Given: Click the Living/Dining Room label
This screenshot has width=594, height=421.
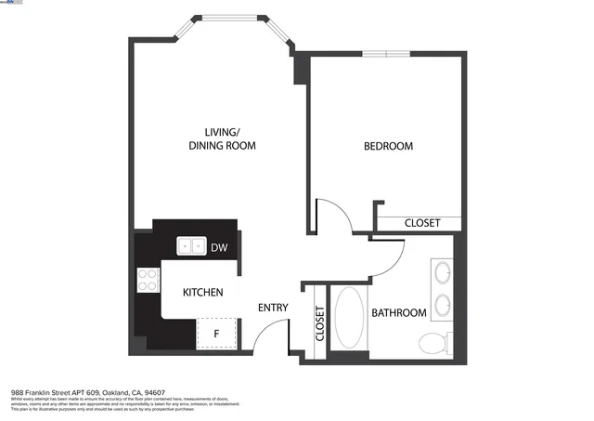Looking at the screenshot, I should (222, 138).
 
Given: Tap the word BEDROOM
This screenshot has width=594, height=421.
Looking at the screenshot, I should (388, 147).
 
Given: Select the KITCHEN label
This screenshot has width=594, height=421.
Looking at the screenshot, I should (202, 293).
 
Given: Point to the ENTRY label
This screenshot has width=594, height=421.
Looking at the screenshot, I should (273, 309).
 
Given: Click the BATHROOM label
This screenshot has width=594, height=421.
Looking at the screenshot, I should (399, 313).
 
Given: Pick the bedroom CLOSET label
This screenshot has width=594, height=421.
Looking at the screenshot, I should (421, 223).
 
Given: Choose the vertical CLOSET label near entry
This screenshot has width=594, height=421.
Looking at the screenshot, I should (320, 325).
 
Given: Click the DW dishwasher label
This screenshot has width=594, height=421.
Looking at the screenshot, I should (219, 247).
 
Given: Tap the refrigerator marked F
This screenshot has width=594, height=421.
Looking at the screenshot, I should (217, 333).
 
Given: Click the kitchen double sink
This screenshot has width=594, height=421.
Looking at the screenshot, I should (192, 246).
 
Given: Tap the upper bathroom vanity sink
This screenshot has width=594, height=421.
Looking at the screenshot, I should (443, 273).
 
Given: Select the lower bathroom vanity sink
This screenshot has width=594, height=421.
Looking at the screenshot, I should (443, 305).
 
